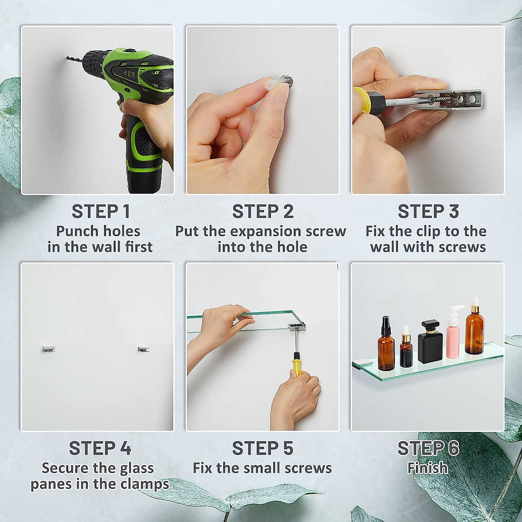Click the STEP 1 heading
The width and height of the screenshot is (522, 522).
pos(101,211)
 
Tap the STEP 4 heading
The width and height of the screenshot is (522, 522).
pos(100,448)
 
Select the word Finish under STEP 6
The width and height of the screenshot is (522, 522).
pos(428,468)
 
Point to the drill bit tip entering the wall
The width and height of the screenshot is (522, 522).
pos(67,57)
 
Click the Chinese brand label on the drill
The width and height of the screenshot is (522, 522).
pos(129,74)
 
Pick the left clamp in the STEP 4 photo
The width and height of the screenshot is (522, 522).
pos(49,349)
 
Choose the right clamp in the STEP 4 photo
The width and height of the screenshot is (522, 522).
pos(144,349)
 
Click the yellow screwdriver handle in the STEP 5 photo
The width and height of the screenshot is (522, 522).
pos(297,365)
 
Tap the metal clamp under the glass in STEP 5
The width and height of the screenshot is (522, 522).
pos(297,327)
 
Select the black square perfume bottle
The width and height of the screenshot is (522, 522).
pos(431,341)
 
